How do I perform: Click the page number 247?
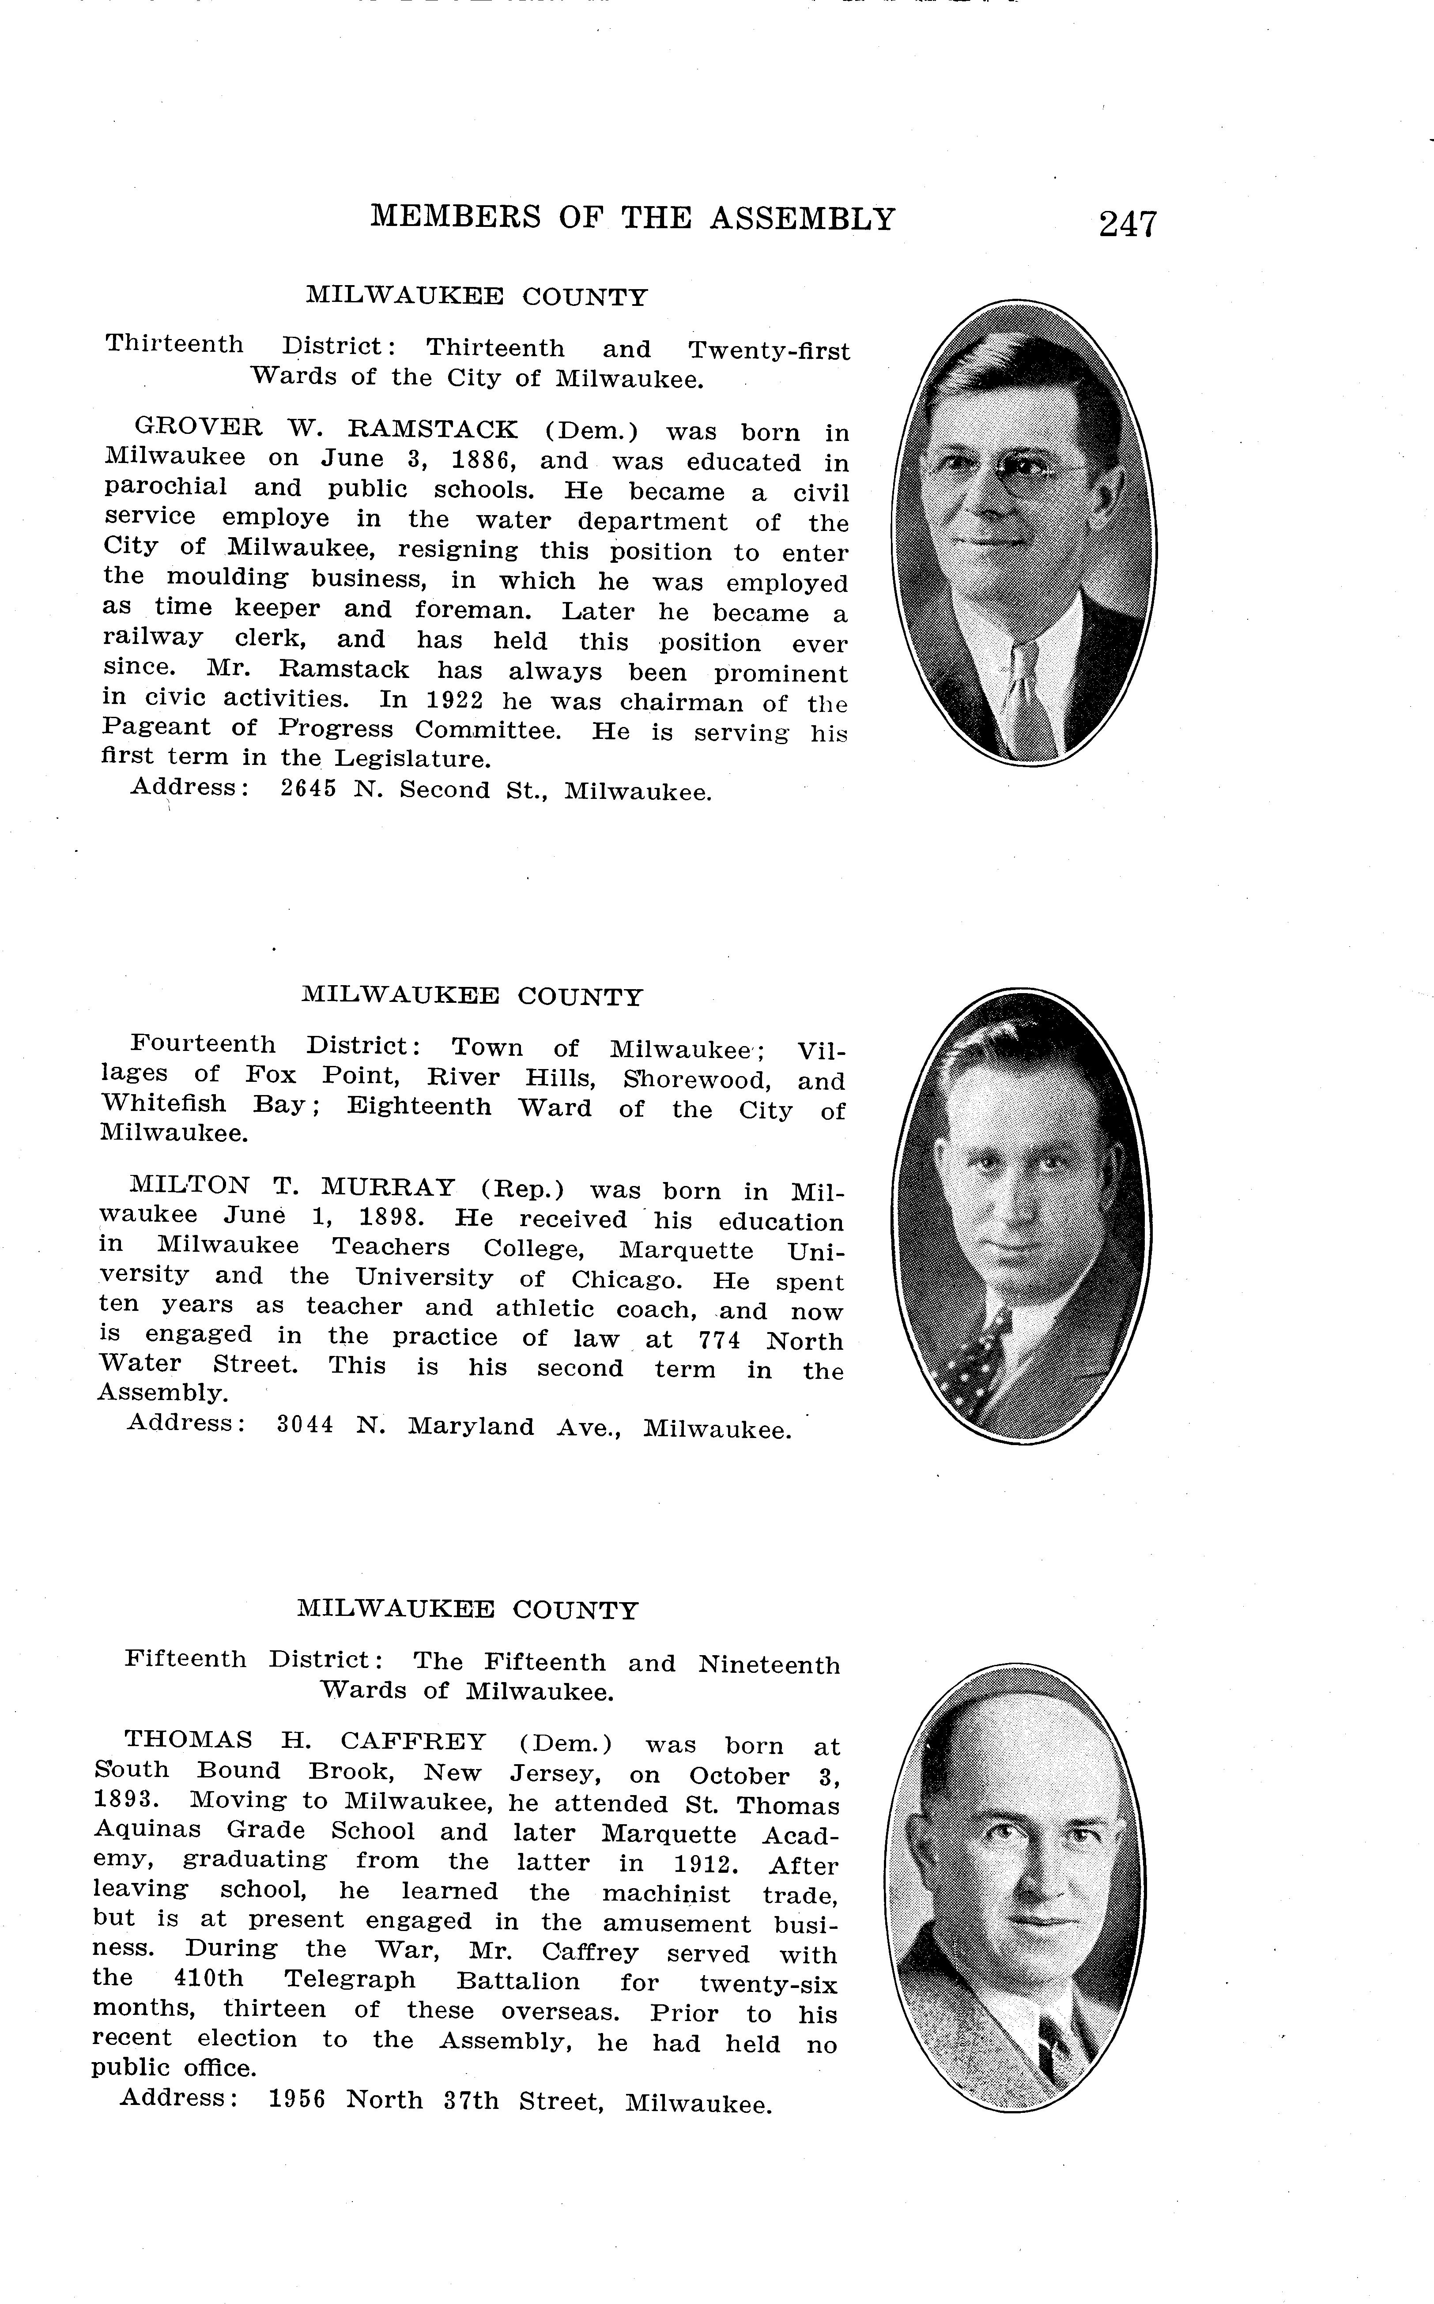point(1128,224)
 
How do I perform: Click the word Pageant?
point(156,728)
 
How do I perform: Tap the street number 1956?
point(297,2100)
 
